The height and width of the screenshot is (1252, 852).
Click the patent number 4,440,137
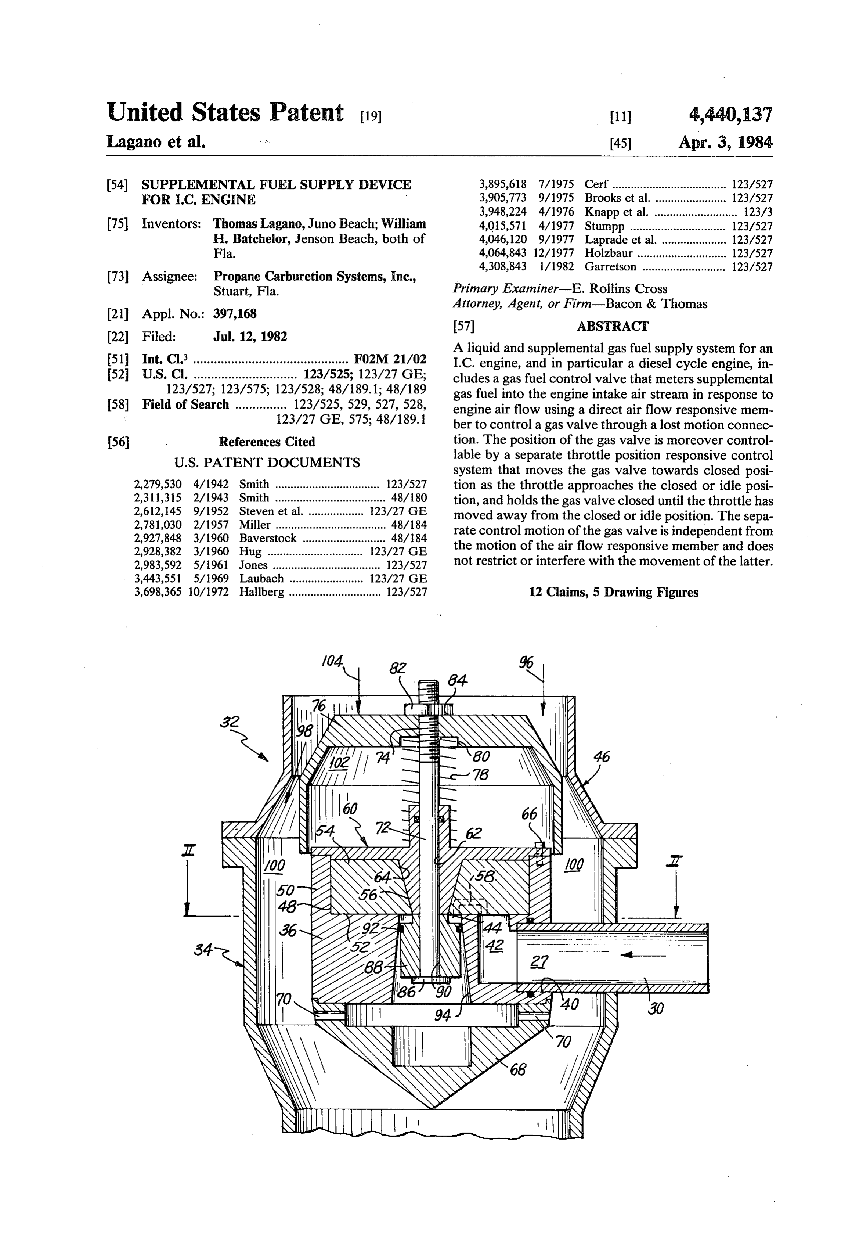click(730, 114)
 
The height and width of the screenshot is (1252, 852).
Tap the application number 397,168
click(235, 313)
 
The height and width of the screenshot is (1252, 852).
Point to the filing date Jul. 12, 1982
click(250, 337)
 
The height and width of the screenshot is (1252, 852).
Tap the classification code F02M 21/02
click(390, 359)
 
